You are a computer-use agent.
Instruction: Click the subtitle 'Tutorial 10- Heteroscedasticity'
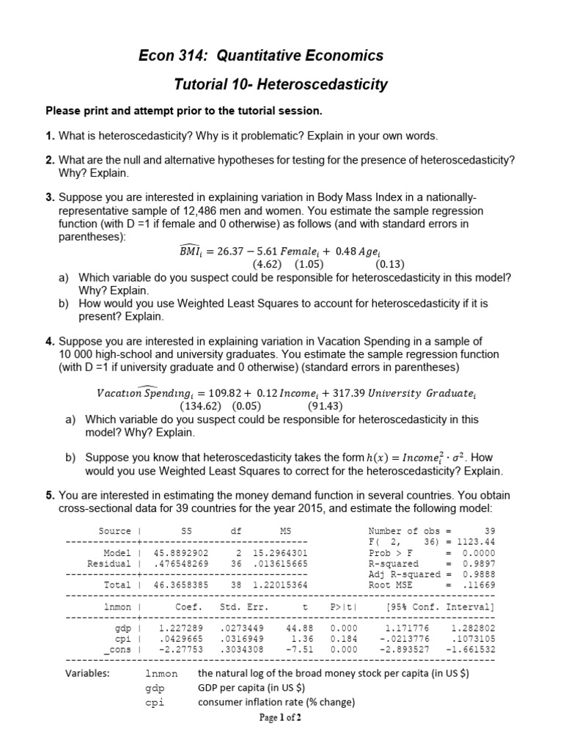pyautogui.click(x=281, y=85)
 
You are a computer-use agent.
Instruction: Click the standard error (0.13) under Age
pyautogui.click(x=390, y=264)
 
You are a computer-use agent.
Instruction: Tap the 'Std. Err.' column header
pyautogui.click(x=244, y=607)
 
